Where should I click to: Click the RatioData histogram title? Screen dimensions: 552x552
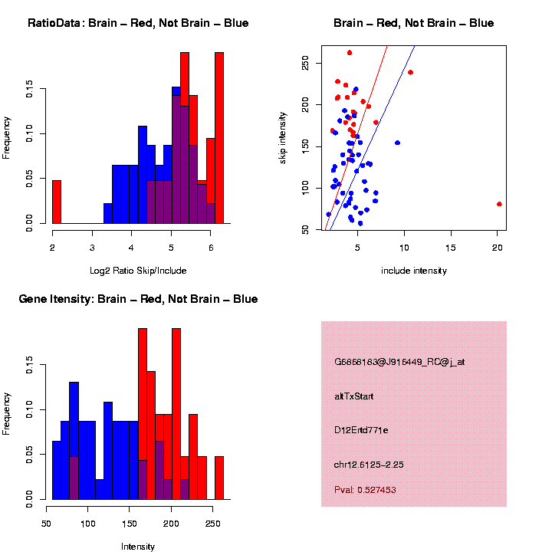click(138, 23)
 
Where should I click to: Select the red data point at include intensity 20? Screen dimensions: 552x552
click(499, 204)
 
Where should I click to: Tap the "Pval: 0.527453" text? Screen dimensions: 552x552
click(365, 489)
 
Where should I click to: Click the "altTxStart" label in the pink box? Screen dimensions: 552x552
click(354, 396)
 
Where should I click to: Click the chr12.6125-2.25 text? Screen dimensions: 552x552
click(370, 464)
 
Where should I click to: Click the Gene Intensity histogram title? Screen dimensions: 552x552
click(138, 299)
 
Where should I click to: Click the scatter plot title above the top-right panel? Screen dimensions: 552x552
click(413, 23)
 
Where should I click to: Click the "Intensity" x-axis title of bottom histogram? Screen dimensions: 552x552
click(138, 547)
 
